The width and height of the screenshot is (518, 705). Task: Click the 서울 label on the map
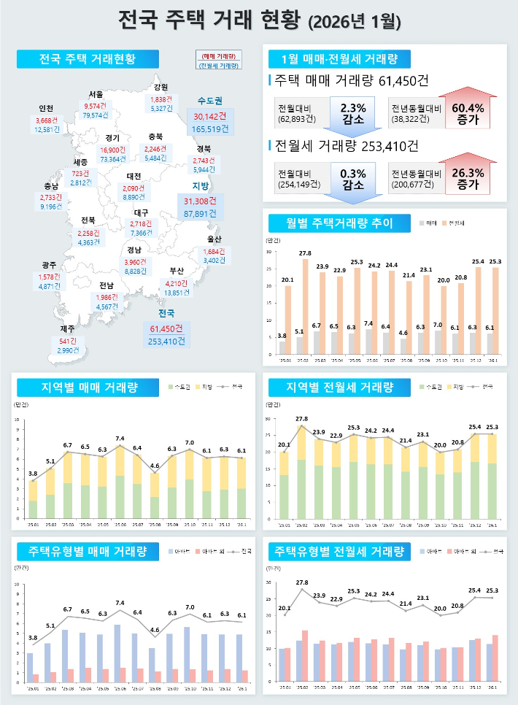96,94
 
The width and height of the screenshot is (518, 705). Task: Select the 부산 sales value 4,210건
177,283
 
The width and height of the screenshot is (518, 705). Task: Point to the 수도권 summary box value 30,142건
210,116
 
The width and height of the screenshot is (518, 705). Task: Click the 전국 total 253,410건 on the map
166,341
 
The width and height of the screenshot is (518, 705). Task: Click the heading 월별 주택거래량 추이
330,223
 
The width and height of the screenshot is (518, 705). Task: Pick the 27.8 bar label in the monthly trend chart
304,253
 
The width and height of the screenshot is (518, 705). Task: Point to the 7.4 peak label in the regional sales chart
120,438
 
